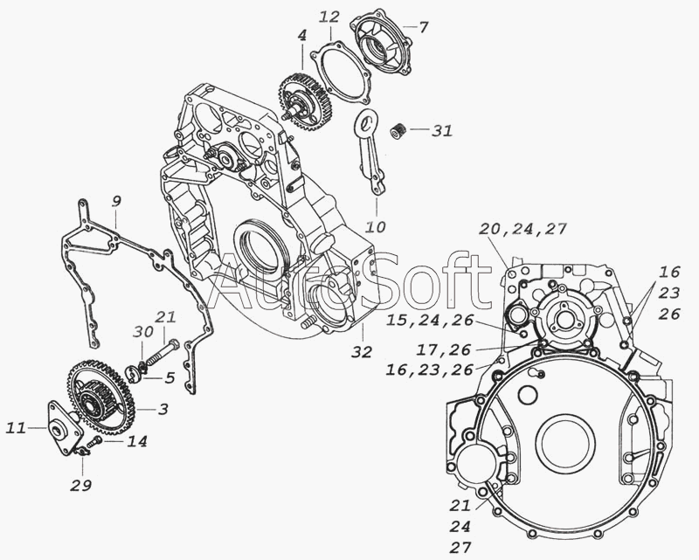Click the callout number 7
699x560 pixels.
click(423, 28)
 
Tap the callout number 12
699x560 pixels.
click(330, 17)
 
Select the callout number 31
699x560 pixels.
click(443, 131)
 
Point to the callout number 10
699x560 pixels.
click(376, 227)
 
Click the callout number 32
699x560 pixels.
click(362, 352)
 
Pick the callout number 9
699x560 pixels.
click(115, 202)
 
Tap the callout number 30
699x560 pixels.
click(143, 332)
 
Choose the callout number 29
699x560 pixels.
click(81, 485)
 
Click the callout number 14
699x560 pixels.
click(137, 441)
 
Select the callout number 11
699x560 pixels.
click(16, 428)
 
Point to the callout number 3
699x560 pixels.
click(163, 408)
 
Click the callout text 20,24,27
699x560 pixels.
click(523, 229)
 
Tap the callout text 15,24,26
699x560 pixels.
click(430, 320)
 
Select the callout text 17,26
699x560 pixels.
click(444, 350)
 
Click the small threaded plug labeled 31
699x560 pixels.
click(398, 131)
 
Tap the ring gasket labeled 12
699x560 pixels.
click(341, 74)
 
